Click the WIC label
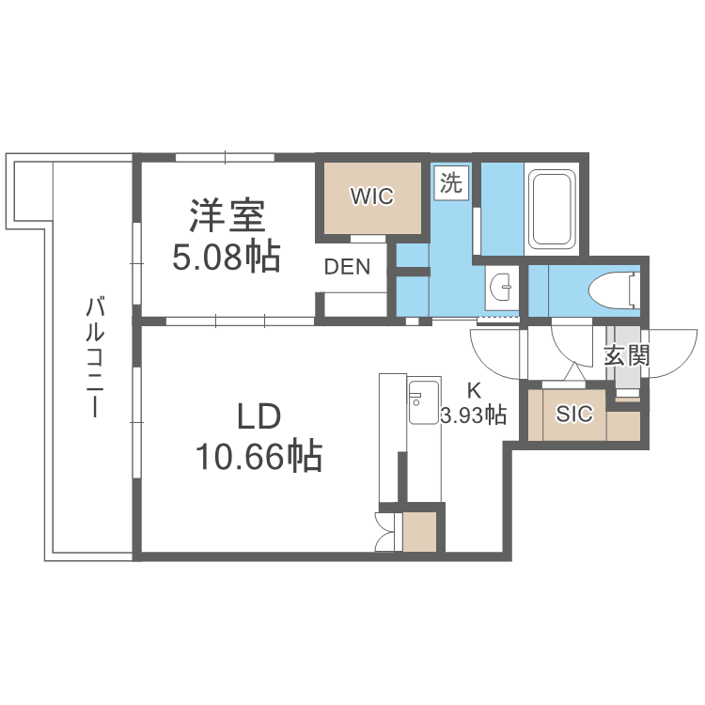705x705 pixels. pos(371,196)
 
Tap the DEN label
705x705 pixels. pos(347,267)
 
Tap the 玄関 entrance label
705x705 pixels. pos(626,355)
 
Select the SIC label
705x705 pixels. pos(574,414)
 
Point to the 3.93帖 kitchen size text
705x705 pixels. pos(474,415)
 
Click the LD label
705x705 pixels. pos(258,416)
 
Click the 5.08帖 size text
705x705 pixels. pos(227,256)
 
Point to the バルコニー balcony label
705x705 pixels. pos(94,357)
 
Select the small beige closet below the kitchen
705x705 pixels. pos(420,533)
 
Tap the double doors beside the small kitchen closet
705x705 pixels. pos(386,533)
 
